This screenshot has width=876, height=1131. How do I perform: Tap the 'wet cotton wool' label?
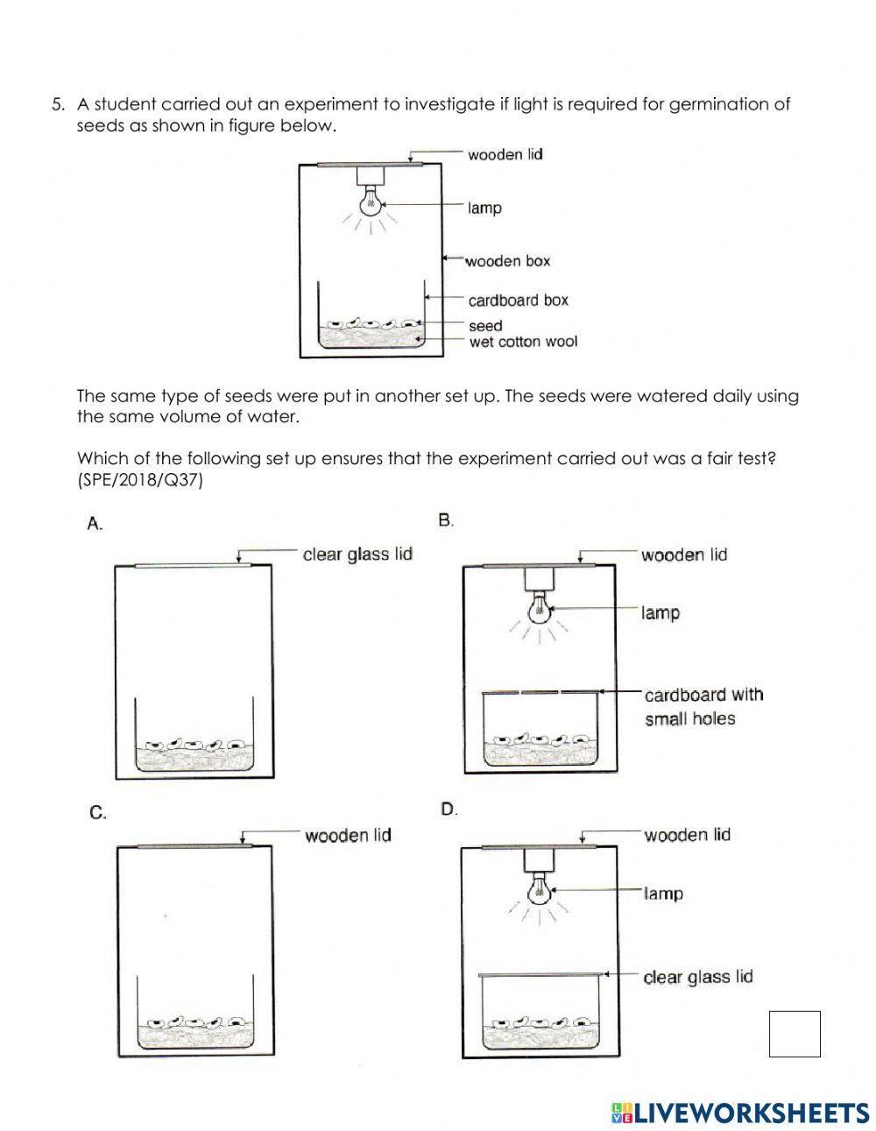[x=523, y=342]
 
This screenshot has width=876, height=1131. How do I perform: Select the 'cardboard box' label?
[x=518, y=300]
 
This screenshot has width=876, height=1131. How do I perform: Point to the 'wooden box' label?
[x=507, y=261]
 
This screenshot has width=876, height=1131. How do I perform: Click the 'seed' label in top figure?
[x=485, y=326]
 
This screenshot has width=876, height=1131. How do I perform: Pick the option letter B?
[x=446, y=520]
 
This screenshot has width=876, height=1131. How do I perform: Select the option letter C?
[x=98, y=813]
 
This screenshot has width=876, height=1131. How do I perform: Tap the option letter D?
[x=449, y=809]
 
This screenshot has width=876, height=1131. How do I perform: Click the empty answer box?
[x=795, y=1034]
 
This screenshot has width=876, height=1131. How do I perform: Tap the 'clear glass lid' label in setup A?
[x=357, y=555]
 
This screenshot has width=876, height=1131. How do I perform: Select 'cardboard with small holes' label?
[x=703, y=706]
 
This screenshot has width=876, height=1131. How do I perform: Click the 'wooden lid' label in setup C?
[x=348, y=835]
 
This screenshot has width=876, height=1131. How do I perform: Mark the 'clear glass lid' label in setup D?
[x=697, y=977]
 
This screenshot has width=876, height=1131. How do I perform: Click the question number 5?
[x=58, y=104]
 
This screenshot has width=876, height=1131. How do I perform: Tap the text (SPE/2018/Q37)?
[x=140, y=479]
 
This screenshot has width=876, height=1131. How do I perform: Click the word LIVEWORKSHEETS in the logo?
[x=751, y=1113]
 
